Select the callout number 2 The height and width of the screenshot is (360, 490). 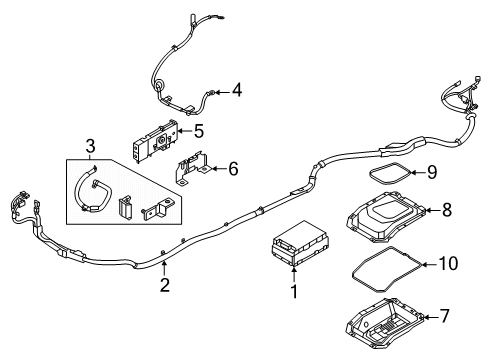click(x=165, y=286)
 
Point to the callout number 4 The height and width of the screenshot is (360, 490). click(x=236, y=91)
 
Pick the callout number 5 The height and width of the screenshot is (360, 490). click(x=198, y=130)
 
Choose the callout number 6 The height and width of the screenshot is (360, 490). click(x=232, y=169)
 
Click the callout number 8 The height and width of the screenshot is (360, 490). click(x=446, y=210)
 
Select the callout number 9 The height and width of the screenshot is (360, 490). click(x=433, y=173)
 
